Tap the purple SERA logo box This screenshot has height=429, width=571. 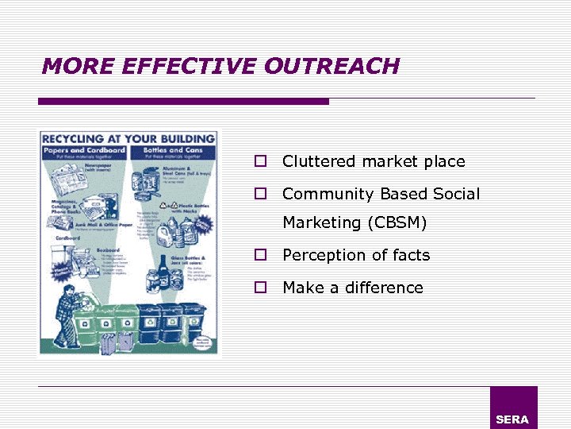(x=513, y=408)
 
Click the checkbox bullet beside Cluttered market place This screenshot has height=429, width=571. (x=259, y=161)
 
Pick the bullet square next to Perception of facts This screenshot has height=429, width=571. (x=259, y=255)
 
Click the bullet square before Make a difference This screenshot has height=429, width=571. (x=259, y=288)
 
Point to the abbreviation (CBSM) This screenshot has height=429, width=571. (x=397, y=223)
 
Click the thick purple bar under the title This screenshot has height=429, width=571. (x=183, y=102)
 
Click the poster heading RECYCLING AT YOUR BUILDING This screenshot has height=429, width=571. (x=128, y=137)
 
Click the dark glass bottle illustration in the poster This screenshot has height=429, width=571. (x=163, y=270)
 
